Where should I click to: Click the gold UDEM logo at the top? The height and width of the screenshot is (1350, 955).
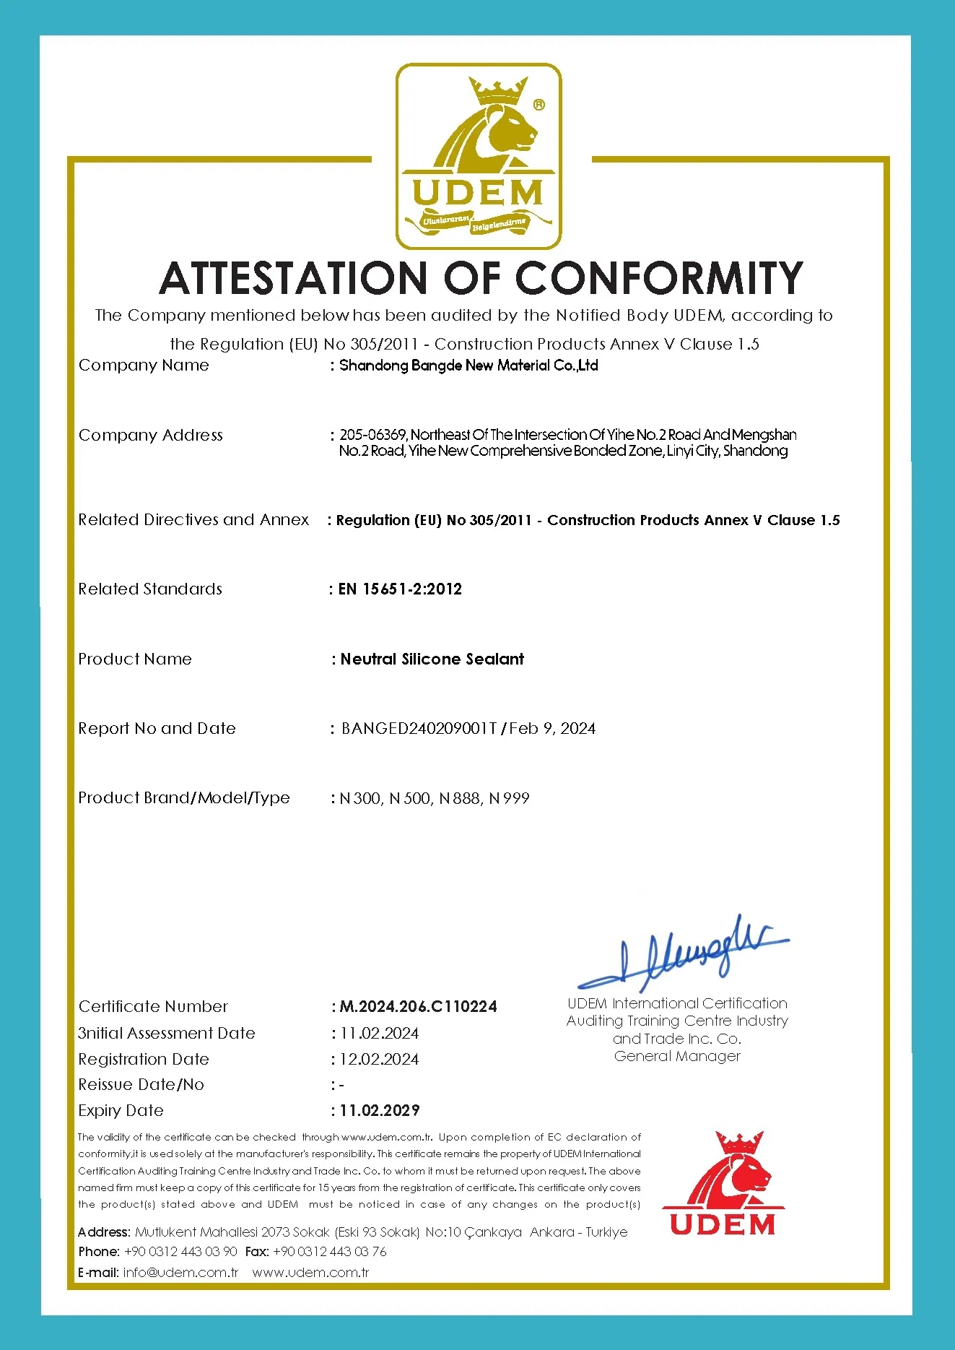(479, 156)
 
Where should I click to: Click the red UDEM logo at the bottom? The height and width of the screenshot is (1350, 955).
(723, 1185)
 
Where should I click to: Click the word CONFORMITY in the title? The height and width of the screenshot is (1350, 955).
(658, 278)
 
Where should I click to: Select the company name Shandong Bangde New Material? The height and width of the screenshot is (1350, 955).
(468, 365)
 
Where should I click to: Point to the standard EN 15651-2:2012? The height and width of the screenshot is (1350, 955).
(400, 589)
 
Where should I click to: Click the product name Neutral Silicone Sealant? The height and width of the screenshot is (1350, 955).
(432, 659)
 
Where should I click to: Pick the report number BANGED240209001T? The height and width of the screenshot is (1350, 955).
(419, 728)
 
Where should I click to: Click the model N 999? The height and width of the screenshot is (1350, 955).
(509, 798)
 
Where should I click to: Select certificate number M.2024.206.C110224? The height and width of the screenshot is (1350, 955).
(418, 1006)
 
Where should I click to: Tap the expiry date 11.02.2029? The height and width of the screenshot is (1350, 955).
(380, 1110)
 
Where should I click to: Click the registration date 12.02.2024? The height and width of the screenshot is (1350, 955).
(379, 1059)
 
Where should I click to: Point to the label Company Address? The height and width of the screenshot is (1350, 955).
(150, 435)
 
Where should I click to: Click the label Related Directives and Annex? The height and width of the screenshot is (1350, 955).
(193, 519)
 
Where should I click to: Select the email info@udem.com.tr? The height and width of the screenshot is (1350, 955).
(180, 1272)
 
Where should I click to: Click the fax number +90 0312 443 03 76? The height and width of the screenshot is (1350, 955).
(329, 1251)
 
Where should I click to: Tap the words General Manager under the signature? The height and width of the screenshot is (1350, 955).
(677, 1056)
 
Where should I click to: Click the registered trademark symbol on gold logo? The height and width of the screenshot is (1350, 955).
(538, 105)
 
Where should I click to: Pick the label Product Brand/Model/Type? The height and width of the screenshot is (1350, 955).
(183, 797)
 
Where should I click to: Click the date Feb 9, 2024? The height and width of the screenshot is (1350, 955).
(552, 728)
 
